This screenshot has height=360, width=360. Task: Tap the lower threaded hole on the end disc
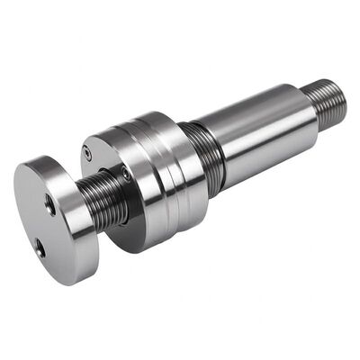39,244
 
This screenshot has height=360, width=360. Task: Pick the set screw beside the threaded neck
127,175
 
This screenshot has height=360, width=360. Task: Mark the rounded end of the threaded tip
342,96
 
